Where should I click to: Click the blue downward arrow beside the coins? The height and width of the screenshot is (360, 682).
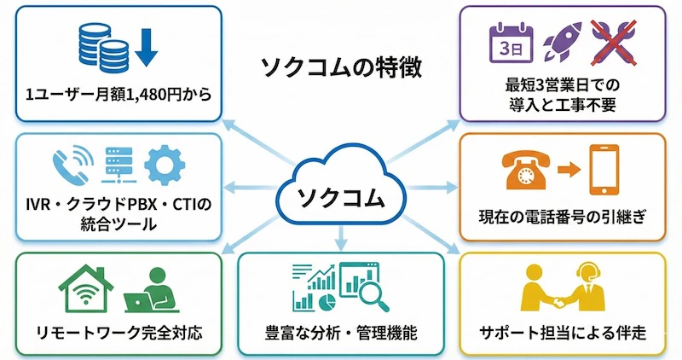[146, 48]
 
